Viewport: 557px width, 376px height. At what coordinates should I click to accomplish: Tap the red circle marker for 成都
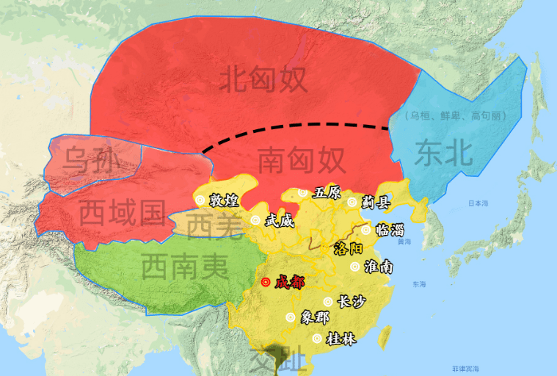coord(266,282)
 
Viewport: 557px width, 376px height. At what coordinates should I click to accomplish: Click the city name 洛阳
coord(348,247)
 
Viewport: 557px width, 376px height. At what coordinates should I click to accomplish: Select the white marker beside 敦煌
coord(200,200)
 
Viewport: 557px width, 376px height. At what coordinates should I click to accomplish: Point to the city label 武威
coord(279,220)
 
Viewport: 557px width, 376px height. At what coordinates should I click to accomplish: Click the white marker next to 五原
coord(302,193)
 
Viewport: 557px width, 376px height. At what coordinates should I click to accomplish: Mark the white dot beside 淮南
coord(356,267)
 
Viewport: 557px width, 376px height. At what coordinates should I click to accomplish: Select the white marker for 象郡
coord(291,317)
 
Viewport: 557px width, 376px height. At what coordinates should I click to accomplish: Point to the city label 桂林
coord(339,339)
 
